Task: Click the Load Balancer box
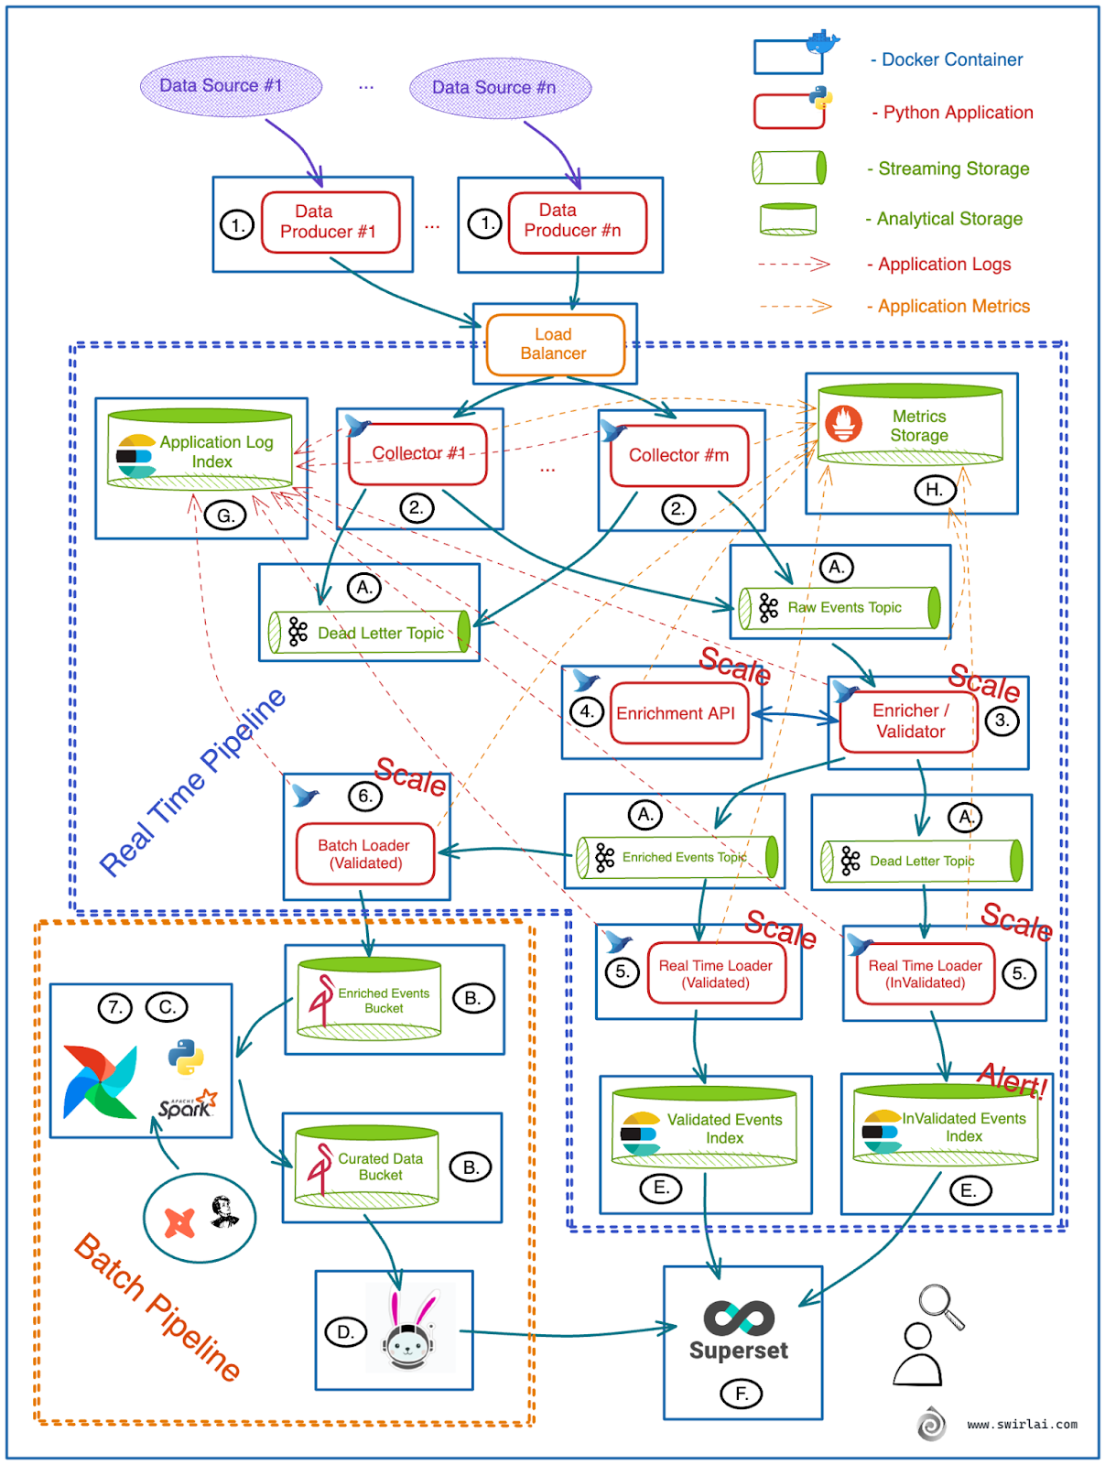point(555,344)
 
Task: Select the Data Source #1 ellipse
point(231,86)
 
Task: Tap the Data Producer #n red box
point(577,222)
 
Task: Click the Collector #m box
point(678,455)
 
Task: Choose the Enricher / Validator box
point(909,722)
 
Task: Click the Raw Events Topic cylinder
point(840,608)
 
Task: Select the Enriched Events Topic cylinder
point(677,858)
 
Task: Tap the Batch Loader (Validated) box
point(364,854)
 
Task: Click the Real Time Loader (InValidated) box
point(925,974)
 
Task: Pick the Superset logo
point(739,1318)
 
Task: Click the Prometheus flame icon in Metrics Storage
point(843,423)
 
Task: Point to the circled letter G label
point(225,515)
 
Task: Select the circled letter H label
point(934,490)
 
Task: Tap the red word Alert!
point(1012,1080)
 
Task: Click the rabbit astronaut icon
point(409,1329)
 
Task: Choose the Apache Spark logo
point(188,1105)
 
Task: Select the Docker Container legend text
point(951,60)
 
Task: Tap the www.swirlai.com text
point(1022,1425)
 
